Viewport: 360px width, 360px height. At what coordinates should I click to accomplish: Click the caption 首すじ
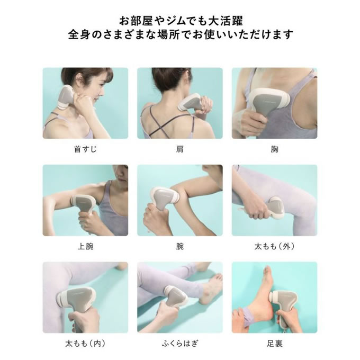click(85, 149)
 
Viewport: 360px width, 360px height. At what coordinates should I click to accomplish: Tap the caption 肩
click(180, 149)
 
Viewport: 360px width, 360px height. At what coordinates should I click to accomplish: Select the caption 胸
click(274, 149)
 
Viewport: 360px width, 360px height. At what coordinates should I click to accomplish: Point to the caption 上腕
click(85, 246)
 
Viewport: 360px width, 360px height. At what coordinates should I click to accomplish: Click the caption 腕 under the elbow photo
click(180, 246)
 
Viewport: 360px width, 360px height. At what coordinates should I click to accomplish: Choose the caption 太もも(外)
click(274, 246)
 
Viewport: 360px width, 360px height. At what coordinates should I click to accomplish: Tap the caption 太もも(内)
click(85, 344)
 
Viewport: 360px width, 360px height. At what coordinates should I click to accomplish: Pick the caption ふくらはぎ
click(180, 344)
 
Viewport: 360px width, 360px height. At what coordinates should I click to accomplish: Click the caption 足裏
click(274, 344)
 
